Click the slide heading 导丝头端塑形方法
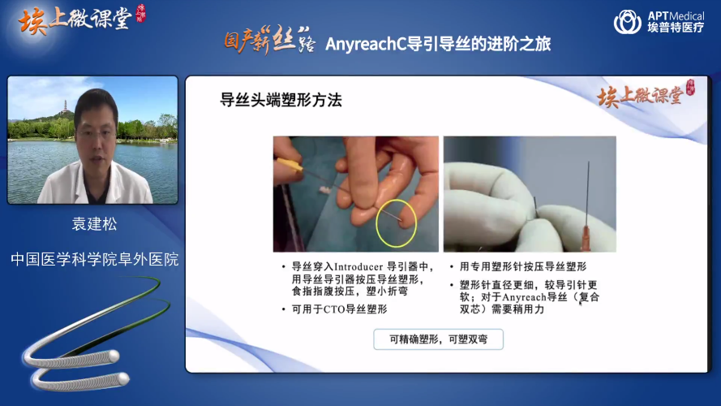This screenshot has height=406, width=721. point(281,100)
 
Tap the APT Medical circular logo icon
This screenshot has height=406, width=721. point(627,22)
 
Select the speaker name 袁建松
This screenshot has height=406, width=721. point(94,224)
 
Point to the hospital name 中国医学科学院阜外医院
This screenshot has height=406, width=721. point(94,259)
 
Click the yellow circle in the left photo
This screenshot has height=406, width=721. point(396,224)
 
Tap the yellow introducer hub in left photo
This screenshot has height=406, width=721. point(290,165)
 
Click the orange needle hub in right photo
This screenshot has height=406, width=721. point(586,239)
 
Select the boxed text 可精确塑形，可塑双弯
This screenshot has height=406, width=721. point(438,339)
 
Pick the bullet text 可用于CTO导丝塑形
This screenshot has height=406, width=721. point(339,309)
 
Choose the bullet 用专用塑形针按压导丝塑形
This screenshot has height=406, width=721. point(523,267)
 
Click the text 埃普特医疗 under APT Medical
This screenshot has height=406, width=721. point(676,28)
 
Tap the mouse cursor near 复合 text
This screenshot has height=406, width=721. point(581,303)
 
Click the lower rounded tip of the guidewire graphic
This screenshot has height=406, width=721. point(123,379)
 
